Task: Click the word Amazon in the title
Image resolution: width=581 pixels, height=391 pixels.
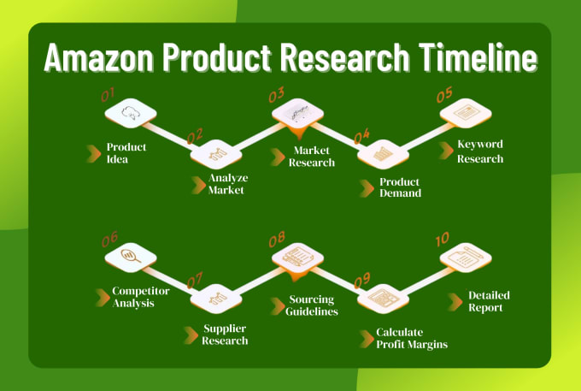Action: [x=98, y=57]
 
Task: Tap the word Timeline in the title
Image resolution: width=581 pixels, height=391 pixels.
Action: [x=478, y=57]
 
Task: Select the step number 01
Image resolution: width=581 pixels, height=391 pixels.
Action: [x=108, y=95]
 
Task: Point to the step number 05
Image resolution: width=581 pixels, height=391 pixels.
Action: [x=444, y=95]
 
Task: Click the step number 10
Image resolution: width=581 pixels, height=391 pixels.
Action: [x=443, y=240]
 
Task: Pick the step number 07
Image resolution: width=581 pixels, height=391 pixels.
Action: [x=195, y=280]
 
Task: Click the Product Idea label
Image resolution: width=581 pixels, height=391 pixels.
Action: [x=126, y=153]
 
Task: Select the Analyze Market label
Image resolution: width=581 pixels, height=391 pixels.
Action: [x=228, y=184]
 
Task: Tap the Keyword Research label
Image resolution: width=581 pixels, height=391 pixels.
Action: [x=480, y=151]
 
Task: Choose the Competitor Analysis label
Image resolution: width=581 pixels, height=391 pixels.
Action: [x=141, y=297]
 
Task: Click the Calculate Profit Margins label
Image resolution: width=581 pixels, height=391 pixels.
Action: [x=412, y=338]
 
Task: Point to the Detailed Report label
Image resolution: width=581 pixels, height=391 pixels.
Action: [x=489, y=301]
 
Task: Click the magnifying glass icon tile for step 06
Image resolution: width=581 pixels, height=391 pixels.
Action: [x=131, y=258]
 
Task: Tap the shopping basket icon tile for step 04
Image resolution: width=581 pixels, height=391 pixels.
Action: [x=383, y=154]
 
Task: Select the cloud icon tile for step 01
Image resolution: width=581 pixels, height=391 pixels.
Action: [x=131, y=113]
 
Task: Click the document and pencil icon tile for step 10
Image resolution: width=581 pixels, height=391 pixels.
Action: [x=466, y=258]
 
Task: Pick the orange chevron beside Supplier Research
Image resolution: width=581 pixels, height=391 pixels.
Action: [x=191, y=335]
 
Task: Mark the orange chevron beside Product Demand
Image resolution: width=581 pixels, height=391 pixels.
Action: [x=367, y=188]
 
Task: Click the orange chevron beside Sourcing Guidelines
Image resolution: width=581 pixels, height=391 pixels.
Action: [x=278, y=306]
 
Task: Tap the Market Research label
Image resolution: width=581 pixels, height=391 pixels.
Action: [x=312, y=157]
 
